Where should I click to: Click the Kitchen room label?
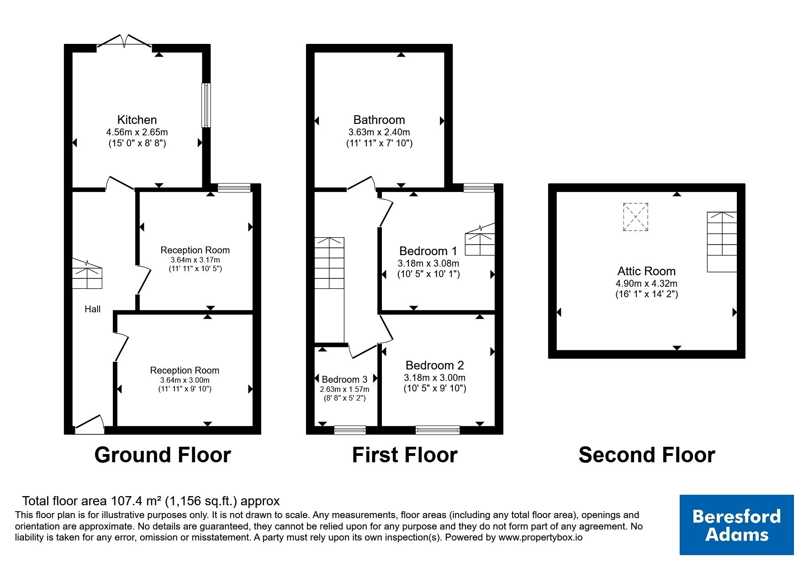coord(137,120)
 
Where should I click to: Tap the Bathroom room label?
coord(379,120)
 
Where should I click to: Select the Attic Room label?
coord(646,271)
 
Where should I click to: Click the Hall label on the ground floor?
coord(92,309)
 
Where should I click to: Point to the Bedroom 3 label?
coord(344,380)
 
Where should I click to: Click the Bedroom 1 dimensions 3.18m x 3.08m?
coord(428,263)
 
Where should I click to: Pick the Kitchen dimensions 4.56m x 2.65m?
coord(137,132)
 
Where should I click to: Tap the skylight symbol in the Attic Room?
coord(635,217)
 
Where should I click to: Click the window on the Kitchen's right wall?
coord(206,105)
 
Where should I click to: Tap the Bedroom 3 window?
coord(350,430)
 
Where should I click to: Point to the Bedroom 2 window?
coord(438,430)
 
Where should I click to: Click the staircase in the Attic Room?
coord(722,242)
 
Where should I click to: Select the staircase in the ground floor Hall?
coord(87,274)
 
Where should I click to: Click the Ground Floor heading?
coord(163,455)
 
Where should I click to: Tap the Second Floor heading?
coord(647,455)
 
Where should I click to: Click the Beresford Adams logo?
coord(736,525)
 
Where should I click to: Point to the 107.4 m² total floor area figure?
coord(135,501)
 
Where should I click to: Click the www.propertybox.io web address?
coord(540,538)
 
